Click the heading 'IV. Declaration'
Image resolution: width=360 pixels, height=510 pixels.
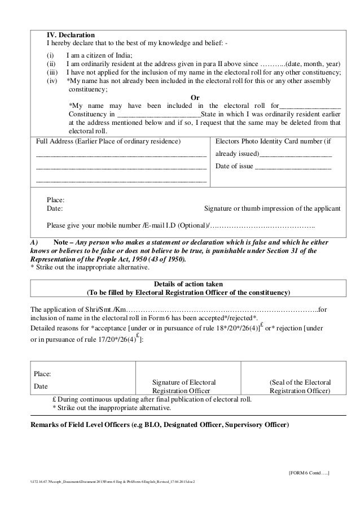(71, 35)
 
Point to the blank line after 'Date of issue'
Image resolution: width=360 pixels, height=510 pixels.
(293, 167)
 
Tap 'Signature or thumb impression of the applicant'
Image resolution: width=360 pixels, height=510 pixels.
(272, 208)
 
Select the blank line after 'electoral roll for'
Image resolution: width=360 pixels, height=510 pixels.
(310, 106)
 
